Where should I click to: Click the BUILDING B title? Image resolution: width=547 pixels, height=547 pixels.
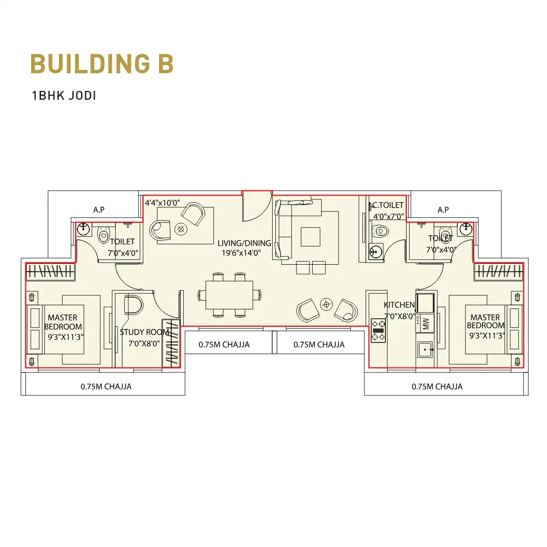pyautogui.click(x=102, y=64)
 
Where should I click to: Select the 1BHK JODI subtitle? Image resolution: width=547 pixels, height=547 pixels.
pyautogui.click(x=64, y=96)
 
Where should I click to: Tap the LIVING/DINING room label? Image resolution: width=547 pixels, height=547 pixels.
pyautogui.click(x=244, y=243)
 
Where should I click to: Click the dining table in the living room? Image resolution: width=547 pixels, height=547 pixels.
pyautogui.click(x=229, y=295)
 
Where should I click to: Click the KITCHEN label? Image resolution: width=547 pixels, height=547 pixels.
pyautogui.click(x=399, y=305)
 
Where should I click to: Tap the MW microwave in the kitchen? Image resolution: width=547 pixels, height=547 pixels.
pyautogui.click(x=425, y=323)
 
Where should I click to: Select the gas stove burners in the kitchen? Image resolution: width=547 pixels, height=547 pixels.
pyautogui.click(x=378, y=330)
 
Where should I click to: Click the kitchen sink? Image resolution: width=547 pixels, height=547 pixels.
pyautogui.click(x=425, y=349)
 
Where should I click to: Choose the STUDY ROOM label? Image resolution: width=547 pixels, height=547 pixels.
pyautogui.click(x=145, y=332)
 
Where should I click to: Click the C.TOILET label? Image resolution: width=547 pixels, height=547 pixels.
pyautogui.click(x=388, y=205)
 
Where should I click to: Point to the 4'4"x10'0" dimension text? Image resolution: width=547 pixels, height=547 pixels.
pyautogui.click(x=163, y=203)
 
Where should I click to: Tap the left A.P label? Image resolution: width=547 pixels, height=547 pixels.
pyautogui.click(x=99, y=209)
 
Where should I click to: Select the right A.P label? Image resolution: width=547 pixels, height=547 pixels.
pyautogui.click(x=443, y=209)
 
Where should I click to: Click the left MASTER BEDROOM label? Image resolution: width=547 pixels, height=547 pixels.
pyautogui.click(x=63, y=322)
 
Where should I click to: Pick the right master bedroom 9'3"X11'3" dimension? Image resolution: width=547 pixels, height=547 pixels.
pyautogui.click(x=487, y=336)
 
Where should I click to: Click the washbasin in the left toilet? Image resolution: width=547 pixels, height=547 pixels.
pyautogui.click(x=83, y=229)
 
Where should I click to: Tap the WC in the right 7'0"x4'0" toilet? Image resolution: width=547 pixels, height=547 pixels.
pyautogui.click(x=445, y=232)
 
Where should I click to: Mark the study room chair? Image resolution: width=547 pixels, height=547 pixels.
pyautogui.click(x=133, y=305)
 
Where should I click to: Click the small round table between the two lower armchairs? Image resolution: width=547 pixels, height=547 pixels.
pyautogui.click(x=326, y=304)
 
